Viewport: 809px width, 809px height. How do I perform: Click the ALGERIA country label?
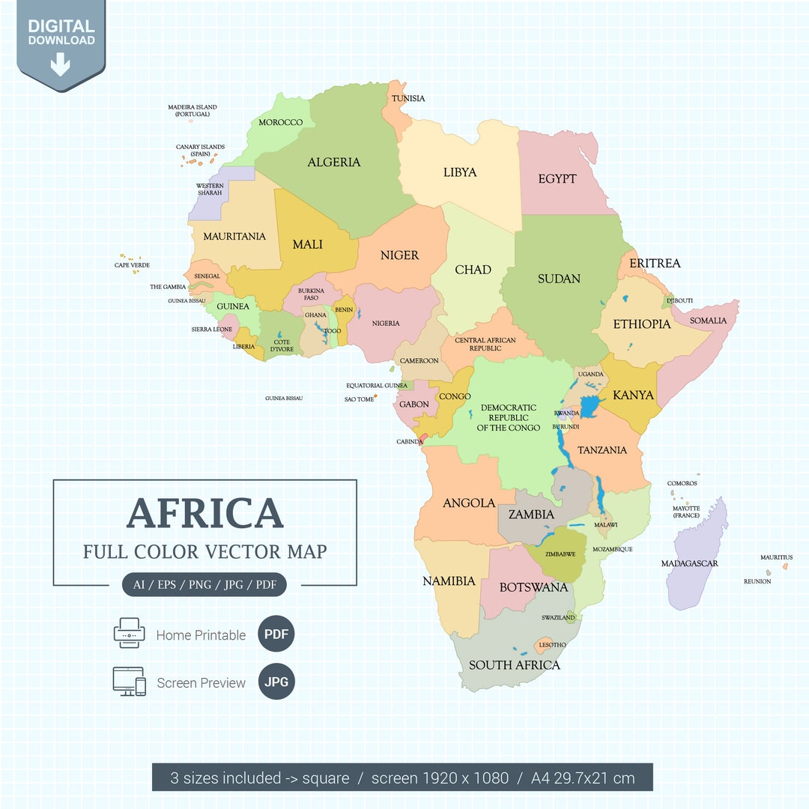point(333,163)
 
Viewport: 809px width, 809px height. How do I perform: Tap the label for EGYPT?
point(557,179)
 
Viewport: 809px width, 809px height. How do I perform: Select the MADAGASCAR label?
point(689,563)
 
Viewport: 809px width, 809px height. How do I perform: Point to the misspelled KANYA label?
point(633,395)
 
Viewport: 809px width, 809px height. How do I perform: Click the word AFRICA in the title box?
point(204,513)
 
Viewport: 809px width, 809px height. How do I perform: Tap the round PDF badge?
point(276,634)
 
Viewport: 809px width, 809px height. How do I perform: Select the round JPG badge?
point(276,682)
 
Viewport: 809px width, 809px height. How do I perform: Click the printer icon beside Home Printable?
point(129,633)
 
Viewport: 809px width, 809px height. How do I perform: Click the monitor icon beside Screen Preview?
point(129,682)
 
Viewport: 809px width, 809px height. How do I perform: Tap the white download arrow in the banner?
point(60,65)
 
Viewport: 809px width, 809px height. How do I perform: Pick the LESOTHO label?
point(553,645)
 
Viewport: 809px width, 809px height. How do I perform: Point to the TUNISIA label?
point(408,99)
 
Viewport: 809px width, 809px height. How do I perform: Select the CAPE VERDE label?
point(132,265)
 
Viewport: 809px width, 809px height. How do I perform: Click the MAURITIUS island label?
point(776,557)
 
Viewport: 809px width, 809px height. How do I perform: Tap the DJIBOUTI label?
point(679,300)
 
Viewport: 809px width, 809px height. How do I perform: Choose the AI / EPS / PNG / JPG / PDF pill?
point(204,584)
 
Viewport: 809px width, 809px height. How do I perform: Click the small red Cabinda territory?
point(423,437)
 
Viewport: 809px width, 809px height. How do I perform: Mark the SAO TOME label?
point(359,399)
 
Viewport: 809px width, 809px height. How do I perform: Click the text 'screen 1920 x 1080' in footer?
point(440,778)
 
